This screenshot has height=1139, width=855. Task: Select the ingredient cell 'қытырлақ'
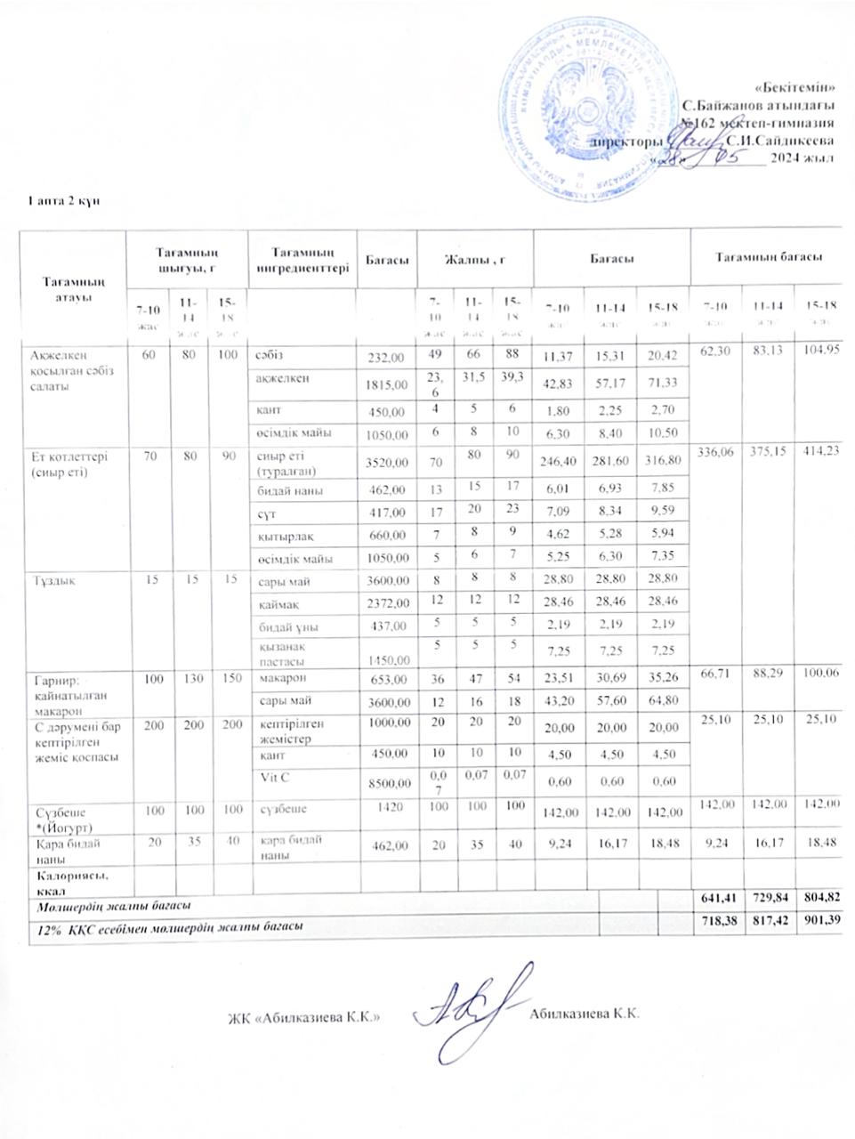click(x=282, y=536)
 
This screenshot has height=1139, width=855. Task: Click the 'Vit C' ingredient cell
click(x=268, y=776)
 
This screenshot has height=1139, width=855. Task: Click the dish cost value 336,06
click(x=715, y=452)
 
